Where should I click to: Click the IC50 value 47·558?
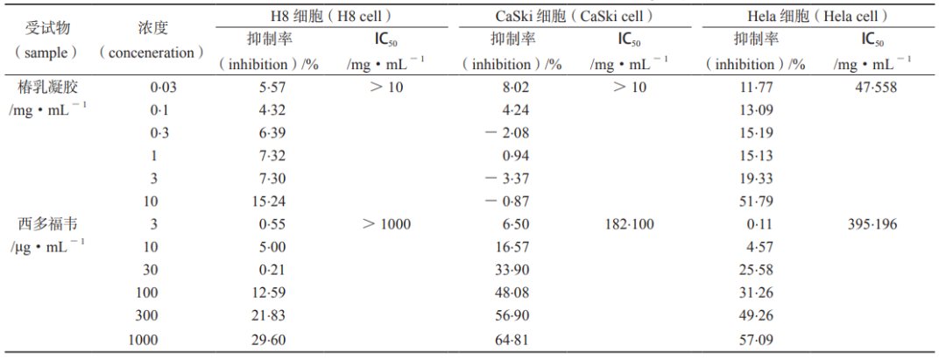pos(879,88)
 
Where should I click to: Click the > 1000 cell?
pos(386,224)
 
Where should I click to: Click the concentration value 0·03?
pos(152,88)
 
